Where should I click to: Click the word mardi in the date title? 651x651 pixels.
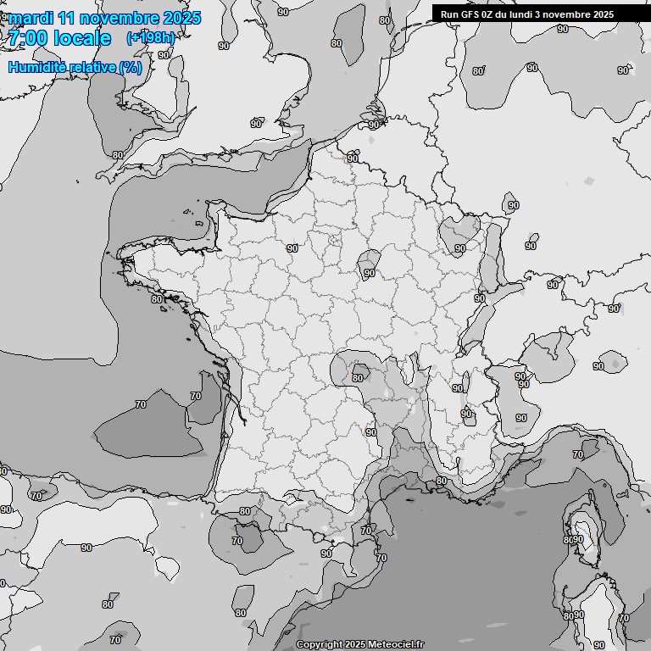(x=31, y=18)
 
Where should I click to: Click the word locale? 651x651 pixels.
(x=82, y=38)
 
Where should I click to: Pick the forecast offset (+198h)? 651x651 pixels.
(x=150, y=38)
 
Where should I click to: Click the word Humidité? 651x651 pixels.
(x=36, y=67)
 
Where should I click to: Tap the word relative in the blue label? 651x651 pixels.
(x=91, y=67)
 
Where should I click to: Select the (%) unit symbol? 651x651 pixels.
(x=131, y=67)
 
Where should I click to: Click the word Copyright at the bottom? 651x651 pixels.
(x=320, y=645)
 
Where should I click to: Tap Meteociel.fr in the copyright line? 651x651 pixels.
(x=396, y=645)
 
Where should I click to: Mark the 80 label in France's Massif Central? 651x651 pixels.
(x=358, y=378)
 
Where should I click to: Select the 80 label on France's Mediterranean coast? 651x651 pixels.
(x=441, y=481)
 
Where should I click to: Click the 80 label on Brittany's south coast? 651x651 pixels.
(x=156, y=298)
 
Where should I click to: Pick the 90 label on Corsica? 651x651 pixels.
(x=579, y=539)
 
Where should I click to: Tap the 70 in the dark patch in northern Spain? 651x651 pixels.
(x=237, y=541)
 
